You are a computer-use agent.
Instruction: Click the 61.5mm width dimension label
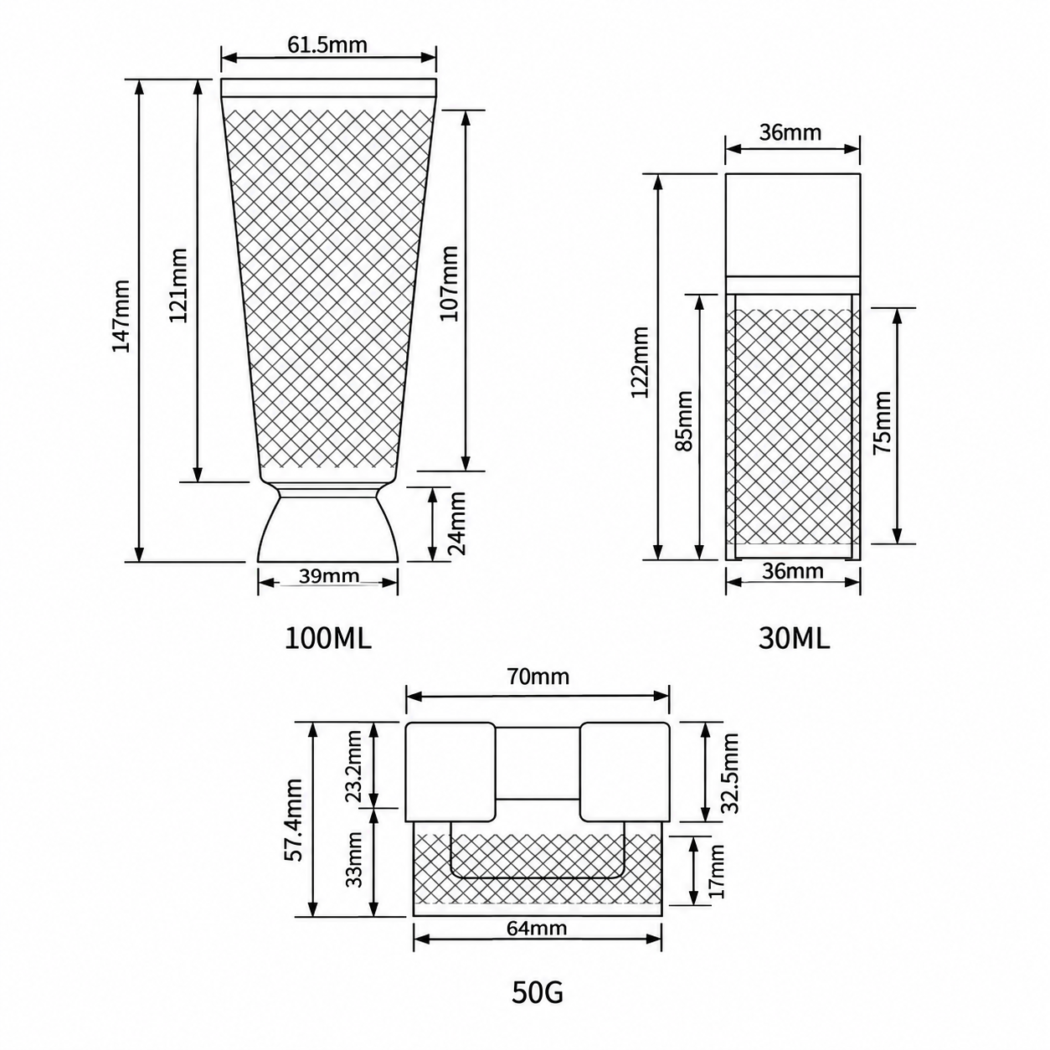327,44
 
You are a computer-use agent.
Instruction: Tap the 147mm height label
121,316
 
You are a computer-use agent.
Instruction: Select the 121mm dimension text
178,285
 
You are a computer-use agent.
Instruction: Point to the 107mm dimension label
449,283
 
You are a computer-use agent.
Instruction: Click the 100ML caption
328,638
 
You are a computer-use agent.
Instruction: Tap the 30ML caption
794,638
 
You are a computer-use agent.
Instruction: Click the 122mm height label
640,363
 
